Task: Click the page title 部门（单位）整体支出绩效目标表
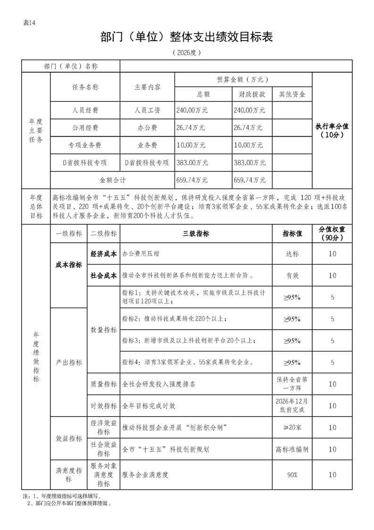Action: coord(187,37)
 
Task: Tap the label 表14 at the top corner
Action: coord(29,24)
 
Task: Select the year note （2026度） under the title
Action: coord(187,52)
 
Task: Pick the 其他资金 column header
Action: coord(292,94)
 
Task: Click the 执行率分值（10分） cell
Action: coord(332,130)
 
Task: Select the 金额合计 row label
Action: coord(112,180)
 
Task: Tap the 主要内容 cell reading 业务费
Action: coord(147,145)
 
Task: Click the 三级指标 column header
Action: coord(196,234)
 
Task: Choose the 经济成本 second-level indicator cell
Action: coord(104,254)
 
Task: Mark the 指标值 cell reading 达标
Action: coord(292,254)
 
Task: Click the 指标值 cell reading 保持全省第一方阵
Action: coord(292,384)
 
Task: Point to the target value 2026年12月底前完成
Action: coord(292,405)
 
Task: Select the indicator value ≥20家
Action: coord(292,427)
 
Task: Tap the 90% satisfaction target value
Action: coord(292,475)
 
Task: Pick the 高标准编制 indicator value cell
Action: coord(292,449)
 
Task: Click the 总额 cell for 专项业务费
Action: coord(191,145)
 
